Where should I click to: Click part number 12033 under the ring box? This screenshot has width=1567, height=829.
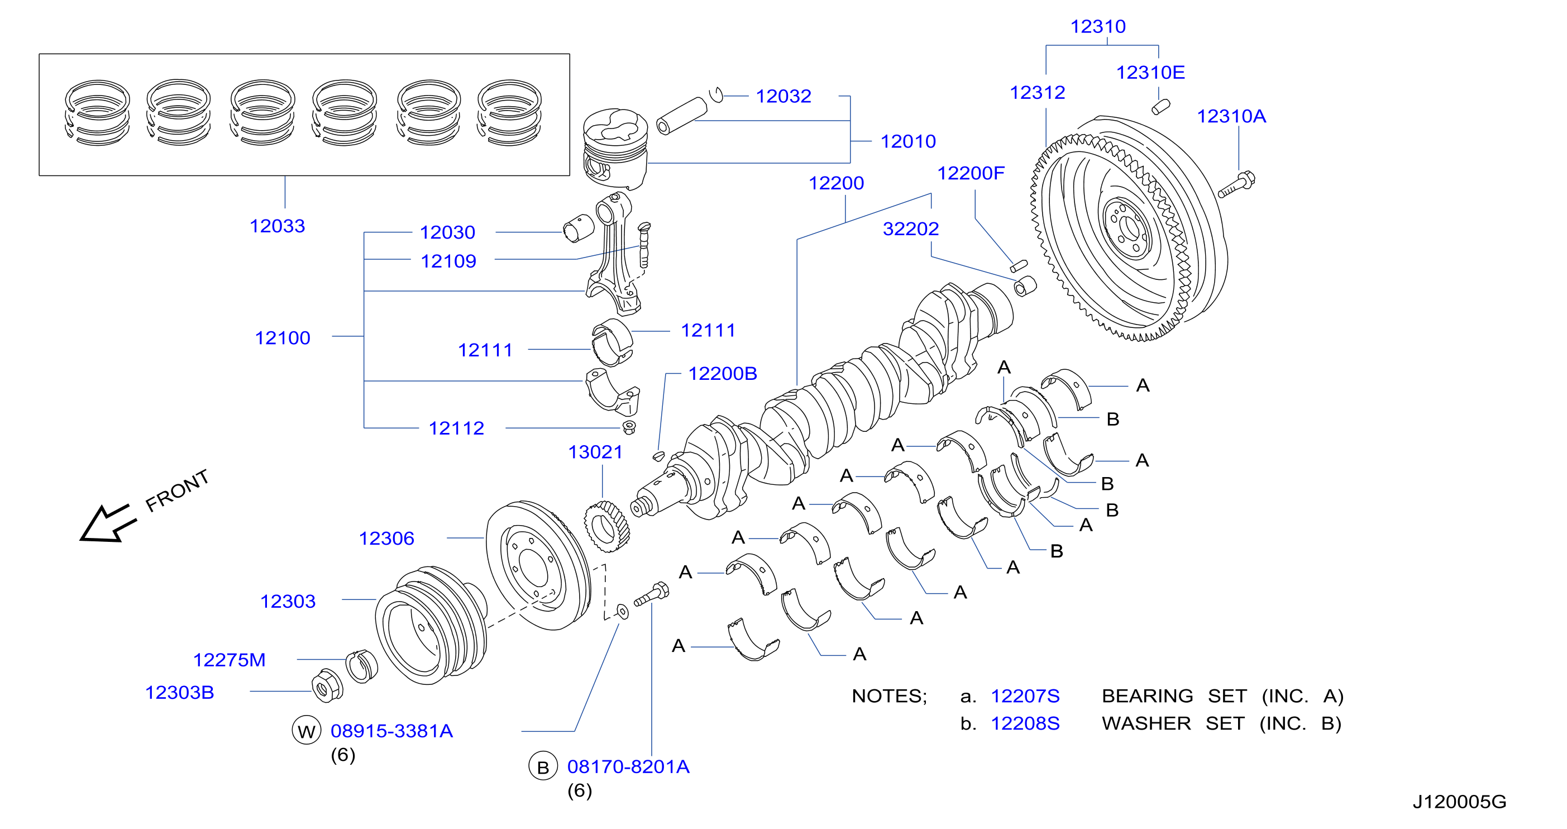point(278,226)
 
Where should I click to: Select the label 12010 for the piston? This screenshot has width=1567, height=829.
point(908,141)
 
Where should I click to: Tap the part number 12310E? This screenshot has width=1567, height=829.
point(1150,73)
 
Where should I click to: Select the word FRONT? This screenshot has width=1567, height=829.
point(177,490)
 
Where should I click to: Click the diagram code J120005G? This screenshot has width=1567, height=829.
point(1459,802)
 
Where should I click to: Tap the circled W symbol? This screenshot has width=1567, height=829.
point(306,730)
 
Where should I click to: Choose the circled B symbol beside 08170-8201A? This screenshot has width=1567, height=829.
point(543,767)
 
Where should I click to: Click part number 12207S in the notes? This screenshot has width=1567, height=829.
point(1025,695)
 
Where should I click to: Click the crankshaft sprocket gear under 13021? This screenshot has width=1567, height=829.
point(606,526)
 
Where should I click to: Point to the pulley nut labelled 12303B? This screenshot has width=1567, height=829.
point(327,685)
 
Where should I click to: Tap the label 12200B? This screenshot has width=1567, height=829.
point(722,373)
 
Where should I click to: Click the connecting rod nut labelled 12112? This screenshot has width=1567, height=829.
point(629,427)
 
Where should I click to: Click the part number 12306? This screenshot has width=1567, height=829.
point(386,538)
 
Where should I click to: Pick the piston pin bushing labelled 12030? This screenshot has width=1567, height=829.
point(578,228)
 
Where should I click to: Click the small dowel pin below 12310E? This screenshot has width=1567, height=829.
point(1160,107)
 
